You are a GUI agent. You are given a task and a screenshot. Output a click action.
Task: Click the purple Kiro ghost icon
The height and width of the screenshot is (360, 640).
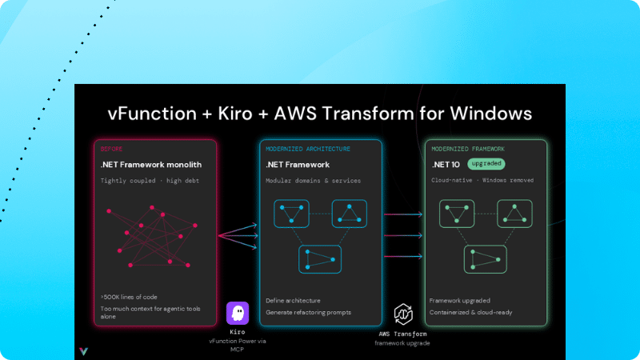(238, 313)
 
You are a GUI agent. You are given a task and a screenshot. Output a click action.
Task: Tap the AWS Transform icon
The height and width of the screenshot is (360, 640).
(403, 314)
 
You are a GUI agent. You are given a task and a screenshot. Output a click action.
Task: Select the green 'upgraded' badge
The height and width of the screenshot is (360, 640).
(486, 164)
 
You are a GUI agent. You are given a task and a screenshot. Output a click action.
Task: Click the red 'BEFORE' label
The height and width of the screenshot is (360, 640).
(111, 149)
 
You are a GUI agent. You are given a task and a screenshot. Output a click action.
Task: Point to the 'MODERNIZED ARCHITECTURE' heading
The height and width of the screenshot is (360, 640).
(308, 149)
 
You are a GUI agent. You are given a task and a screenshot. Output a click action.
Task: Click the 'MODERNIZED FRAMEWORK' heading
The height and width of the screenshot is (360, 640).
(468, 149)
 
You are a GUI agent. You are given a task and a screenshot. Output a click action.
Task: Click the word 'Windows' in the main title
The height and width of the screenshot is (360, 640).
(491, 114)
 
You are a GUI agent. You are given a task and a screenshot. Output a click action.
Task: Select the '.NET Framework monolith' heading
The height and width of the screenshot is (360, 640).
(151, 165)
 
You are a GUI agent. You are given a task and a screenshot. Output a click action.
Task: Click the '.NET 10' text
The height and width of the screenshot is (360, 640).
(446, 165)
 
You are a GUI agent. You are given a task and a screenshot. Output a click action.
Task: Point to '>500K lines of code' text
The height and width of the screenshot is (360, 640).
(129, 297)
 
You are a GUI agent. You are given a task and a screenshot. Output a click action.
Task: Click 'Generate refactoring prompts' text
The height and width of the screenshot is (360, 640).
(308, 312)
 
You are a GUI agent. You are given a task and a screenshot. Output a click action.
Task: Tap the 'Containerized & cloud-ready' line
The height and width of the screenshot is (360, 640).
(470, 312)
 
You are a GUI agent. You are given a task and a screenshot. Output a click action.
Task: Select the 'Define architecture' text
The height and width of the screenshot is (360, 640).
(293, 301)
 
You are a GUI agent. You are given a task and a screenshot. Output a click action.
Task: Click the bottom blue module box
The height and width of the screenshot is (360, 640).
(320, 259)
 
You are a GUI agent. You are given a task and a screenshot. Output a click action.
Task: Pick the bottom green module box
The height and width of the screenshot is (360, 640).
(486, 259)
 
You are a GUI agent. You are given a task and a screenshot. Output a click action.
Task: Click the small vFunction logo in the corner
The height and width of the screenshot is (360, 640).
(84, 351)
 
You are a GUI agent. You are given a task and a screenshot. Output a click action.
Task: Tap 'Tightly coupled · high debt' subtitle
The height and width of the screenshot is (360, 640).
(150, 181)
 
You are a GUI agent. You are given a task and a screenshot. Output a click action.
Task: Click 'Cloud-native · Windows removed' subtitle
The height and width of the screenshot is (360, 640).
(482, 180)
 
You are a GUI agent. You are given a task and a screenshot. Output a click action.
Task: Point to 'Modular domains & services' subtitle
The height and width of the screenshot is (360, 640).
(313, 181)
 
